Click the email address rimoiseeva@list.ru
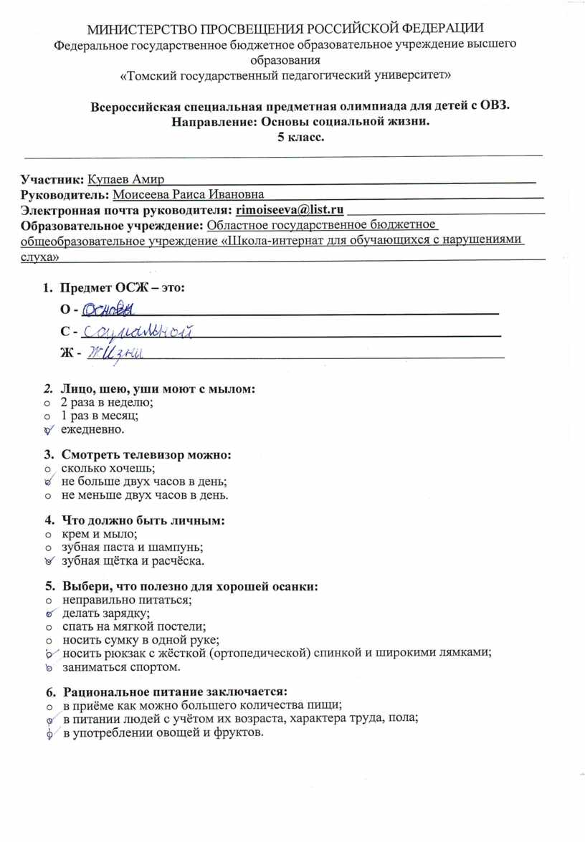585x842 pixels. (x=290, y=209)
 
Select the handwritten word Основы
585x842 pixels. (x=108, y=310)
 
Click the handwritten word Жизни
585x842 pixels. (x=115, y=353)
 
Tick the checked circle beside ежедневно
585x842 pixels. (x=49, y=430)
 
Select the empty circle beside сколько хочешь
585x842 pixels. (x=48, y=468)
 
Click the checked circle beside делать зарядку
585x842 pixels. (x=49, y=613)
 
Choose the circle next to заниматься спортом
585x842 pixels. (x=49, y=668)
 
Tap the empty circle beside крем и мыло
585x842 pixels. (x=48, y=533)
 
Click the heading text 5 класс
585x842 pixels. (x=301, y=138)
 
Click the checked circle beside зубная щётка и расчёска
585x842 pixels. (x=49, y=560)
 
